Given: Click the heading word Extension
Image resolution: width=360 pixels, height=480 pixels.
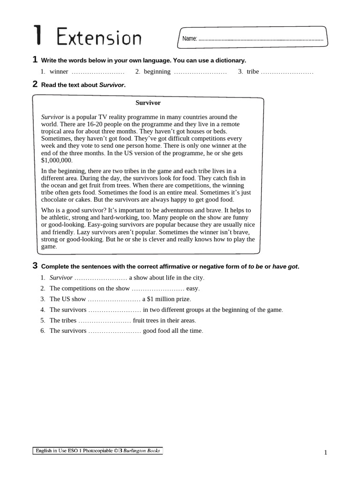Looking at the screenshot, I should tap(99, 37).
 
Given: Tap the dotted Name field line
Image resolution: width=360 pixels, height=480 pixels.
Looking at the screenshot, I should tap(261, 40).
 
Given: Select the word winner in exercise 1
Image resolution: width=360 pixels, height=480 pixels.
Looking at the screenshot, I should tap(59, 72).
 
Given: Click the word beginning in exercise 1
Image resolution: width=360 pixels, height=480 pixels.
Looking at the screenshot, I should tap(157, 72).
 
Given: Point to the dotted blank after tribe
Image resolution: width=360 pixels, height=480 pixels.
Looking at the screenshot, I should tap(287, 72).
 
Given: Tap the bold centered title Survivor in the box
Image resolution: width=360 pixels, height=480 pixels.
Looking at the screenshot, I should tap(148, 103).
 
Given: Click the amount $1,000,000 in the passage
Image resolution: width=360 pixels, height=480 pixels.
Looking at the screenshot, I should tap(57, 160).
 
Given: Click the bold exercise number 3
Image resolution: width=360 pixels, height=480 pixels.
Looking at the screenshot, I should tap(35, 266).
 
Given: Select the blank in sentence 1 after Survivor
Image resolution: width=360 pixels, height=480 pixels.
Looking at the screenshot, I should tap(101, 278).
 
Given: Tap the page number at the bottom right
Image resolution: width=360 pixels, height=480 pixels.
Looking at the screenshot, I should tap(325, 452).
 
